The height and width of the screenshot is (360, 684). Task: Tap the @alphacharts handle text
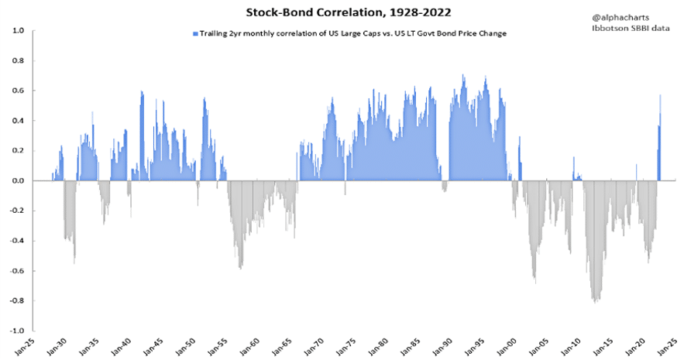pyautogui.click(x=620, y=15)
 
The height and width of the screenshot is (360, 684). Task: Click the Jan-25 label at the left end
pyautogui.click(x=29, y=345)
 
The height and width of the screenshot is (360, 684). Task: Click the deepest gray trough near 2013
pyautogui.click(x=595, y=300)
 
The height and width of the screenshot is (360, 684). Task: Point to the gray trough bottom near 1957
pyautogui.click(x=241, y=267)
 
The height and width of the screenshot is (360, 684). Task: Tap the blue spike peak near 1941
pyautogui.click(x=142, y=93)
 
